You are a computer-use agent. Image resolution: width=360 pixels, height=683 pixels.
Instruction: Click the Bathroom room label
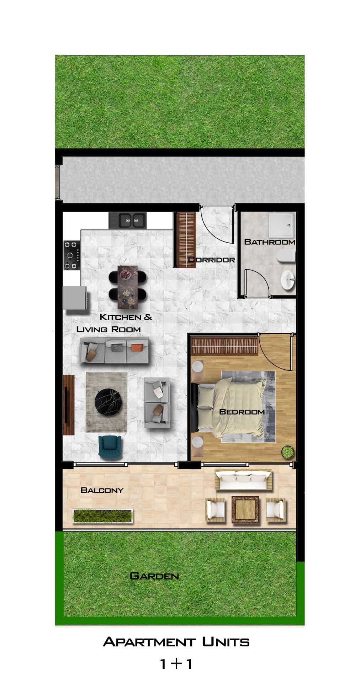270,242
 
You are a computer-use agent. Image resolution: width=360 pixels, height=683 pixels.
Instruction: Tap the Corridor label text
211,260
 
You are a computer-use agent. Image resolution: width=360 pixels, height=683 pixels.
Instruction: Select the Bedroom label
242,412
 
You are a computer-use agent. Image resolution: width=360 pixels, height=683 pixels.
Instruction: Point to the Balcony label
102,490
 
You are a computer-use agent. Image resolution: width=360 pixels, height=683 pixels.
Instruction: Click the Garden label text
154,576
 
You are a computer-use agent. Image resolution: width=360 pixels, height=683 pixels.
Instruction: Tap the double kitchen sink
127,221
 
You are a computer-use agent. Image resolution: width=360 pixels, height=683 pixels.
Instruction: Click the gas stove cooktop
72,255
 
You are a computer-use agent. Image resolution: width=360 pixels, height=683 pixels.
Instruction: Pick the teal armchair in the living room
110,445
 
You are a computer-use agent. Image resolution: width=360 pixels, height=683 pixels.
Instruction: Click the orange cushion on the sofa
137,347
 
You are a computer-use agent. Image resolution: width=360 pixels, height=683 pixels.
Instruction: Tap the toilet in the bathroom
286,256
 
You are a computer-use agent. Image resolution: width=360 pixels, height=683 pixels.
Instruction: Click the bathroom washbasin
288,280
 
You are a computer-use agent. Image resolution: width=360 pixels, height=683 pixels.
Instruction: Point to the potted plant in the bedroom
287,452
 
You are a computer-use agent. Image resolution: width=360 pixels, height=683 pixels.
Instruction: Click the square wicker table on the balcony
245,510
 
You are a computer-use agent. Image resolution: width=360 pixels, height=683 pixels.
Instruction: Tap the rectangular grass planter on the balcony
102,515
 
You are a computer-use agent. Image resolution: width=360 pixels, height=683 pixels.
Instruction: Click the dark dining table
127,287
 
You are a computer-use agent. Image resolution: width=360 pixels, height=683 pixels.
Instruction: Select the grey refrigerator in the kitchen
75,298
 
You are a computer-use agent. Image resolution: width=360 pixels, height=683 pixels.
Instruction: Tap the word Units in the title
226,642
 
